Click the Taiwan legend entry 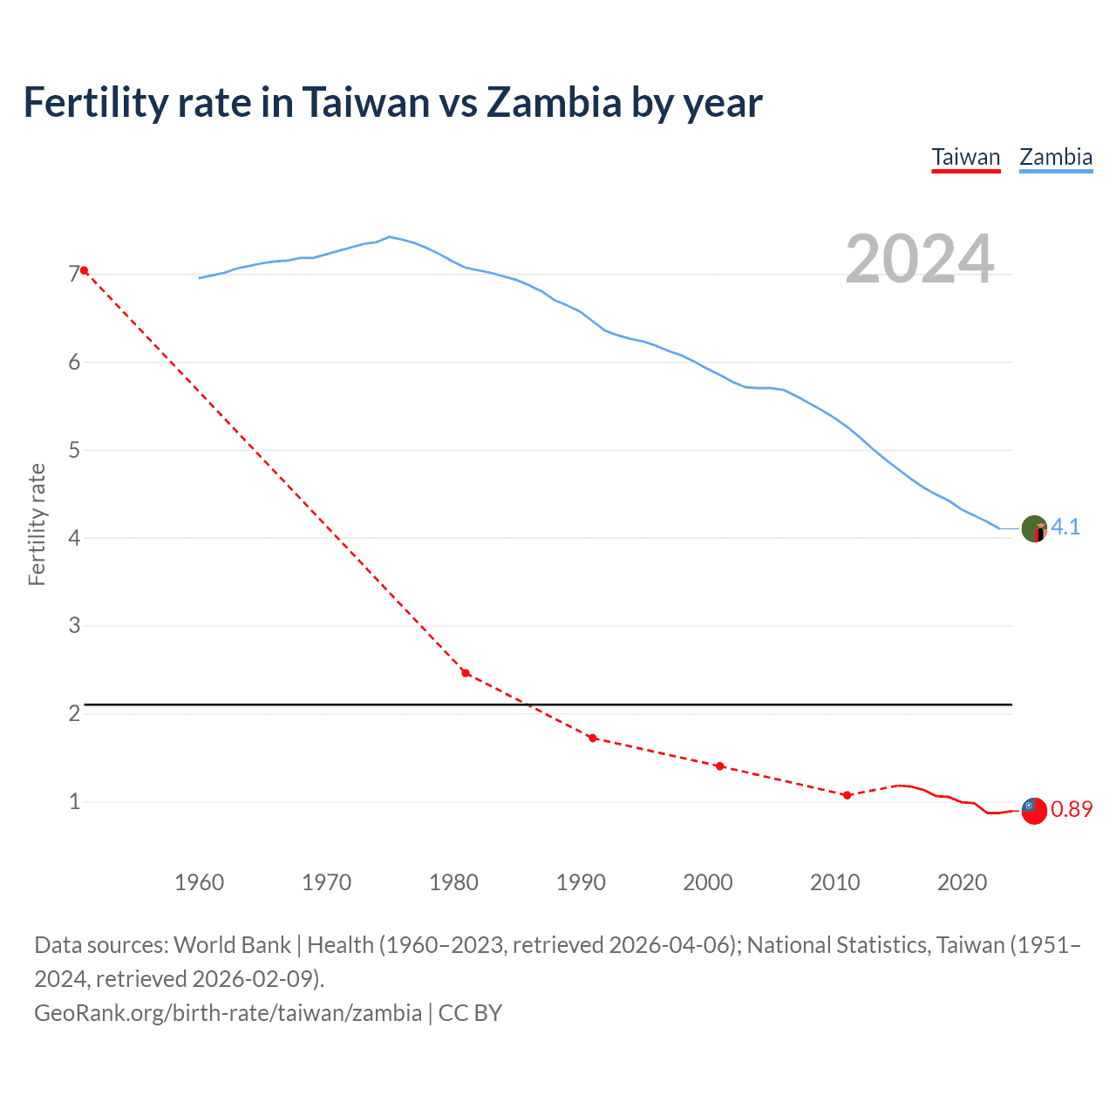pos(965,157)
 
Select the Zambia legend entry pos(1056,157)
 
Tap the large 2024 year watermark pos(919,259)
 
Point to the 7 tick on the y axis pos(74,275)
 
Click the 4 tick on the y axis pos(74,538)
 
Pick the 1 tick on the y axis pos(74,801)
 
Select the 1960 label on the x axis pos(199,882)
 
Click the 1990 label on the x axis pos(581,882)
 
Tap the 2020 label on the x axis pos(962,882)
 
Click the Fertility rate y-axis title pos(37,524)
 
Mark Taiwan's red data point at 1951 pos(84,270)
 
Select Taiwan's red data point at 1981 pos(466,673)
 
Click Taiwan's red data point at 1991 pos(593,738)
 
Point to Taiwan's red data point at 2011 pos(847,795)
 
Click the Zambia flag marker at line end pos(1034,529)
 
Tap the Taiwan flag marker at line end pos(1034,811)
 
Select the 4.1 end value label pos(1065,527)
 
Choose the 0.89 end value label pos(1072,809)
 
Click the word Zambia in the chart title pos(554,102)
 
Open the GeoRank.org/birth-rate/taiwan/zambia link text pos(228,1013)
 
